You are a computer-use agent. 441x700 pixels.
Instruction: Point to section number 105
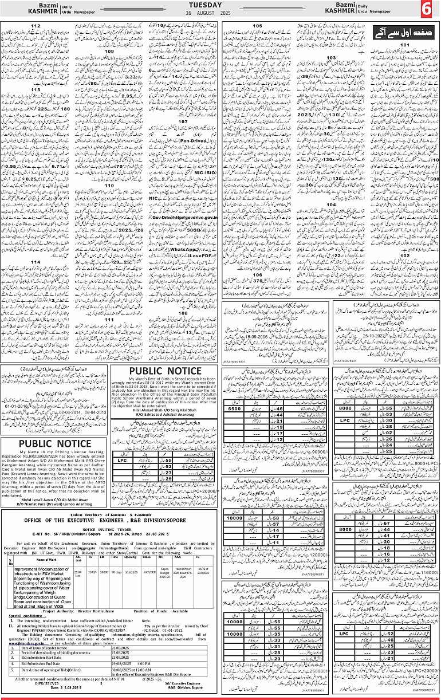coord(257,26)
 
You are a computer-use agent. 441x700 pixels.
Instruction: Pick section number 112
coord(36,26)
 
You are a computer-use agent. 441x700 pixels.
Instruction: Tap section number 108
coord(183,313)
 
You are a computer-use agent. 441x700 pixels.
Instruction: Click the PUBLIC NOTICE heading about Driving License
coord(54,443)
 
